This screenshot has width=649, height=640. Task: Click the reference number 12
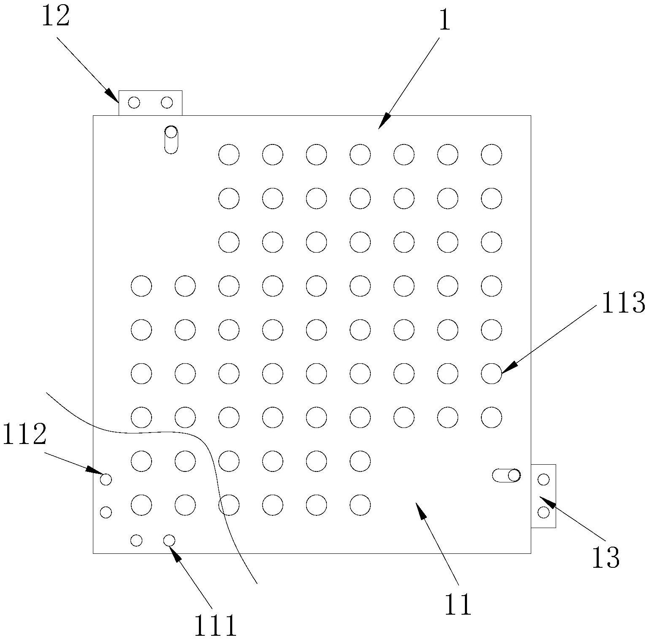(55, 17)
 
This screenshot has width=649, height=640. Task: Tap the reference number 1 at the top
(445, 20)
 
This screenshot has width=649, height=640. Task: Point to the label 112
(24, 435)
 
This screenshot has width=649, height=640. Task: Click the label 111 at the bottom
(215, 626)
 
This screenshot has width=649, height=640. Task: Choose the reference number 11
(458, 605)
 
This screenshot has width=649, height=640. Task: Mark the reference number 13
(606, 558)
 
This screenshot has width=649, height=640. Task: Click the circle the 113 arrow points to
(492, 373)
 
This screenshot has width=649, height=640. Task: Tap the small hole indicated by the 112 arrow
(106, 479)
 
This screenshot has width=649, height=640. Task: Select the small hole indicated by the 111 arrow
(169, 540)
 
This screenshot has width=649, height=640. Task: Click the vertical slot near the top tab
(171, 139)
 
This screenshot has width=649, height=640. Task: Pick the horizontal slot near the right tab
(506, 476)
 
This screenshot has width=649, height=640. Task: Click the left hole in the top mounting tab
(134, 102)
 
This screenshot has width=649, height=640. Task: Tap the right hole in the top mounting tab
(167, 102)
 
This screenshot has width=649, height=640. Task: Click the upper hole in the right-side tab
(544, 479)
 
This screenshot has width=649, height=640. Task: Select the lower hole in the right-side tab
(544, 512)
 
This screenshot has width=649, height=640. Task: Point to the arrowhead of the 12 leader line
(113, 95)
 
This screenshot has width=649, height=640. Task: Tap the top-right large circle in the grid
(492, 154)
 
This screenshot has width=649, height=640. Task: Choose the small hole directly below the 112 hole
(106, 512)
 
